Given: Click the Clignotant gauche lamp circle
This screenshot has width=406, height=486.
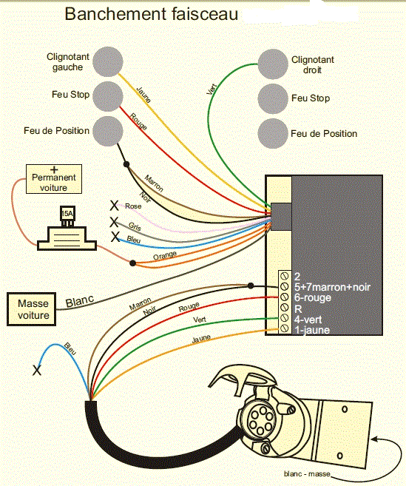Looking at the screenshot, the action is [x=107, y=61].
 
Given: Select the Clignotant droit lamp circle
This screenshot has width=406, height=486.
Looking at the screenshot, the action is [x=273, y=64].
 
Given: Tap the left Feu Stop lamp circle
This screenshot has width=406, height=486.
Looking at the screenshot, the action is [x=107, y=96].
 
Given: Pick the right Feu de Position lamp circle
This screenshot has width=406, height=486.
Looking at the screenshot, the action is [x=273, y=134].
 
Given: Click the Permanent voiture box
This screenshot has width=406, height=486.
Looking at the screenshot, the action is [x=54, y=179].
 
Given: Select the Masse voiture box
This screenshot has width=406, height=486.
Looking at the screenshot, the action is [x=32, y=309].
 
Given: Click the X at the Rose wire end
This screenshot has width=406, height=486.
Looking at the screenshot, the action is [x=114, y=205].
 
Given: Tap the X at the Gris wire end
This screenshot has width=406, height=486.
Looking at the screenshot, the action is [x=114, y=222].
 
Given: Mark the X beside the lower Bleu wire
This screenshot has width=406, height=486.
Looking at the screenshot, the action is [x=37, y=370].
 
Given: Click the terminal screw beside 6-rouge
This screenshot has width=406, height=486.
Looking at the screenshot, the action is [x=284, y=297].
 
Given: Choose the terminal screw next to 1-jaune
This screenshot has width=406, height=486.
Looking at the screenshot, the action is [x=284, y=328].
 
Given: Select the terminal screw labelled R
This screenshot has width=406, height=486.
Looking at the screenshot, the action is [x=284, y=307].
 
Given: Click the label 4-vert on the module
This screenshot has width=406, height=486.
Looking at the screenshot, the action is [x=308, y=320].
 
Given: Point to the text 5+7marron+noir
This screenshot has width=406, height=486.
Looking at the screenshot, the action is [x=332, y=287].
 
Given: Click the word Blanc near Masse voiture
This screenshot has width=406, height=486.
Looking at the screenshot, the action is [x=80, y=300].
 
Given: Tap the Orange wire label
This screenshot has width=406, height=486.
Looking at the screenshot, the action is [x=165, y=255].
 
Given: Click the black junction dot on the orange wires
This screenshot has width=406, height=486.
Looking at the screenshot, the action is [x=132, y=263].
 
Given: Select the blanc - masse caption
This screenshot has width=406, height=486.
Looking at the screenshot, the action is [x=307, y=473].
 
